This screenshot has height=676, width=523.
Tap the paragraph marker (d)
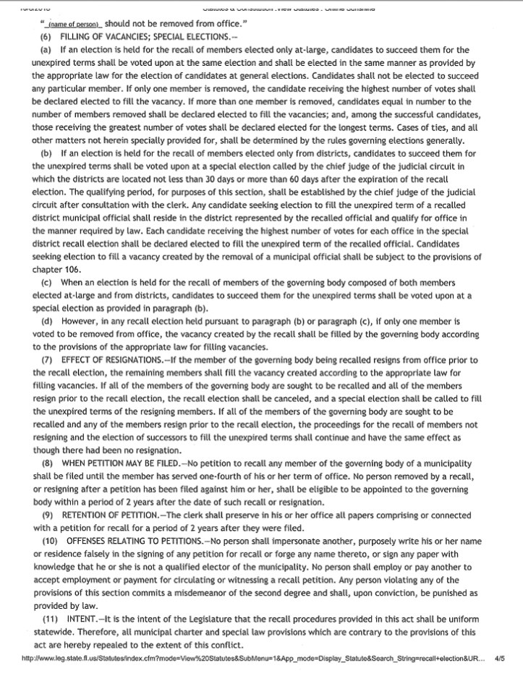[x=47, y=320]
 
